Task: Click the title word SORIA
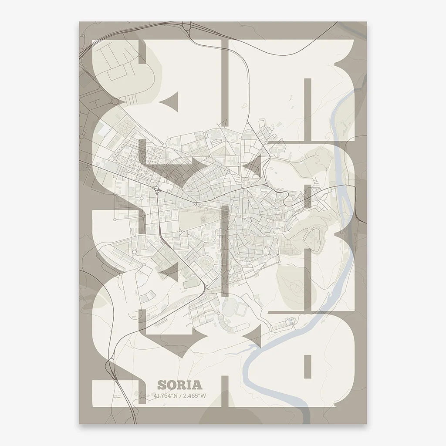180,385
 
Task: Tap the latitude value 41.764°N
166,395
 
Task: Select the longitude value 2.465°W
194,395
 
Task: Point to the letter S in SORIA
162,385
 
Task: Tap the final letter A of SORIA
197,385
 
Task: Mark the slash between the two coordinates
180,395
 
